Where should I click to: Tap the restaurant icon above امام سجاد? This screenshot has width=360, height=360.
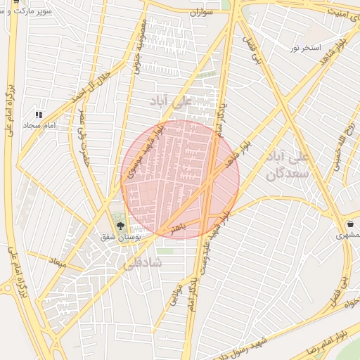point(39,114)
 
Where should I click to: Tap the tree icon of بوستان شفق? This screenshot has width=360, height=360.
point(120,226)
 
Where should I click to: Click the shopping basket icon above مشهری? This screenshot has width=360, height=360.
point(349,224)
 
